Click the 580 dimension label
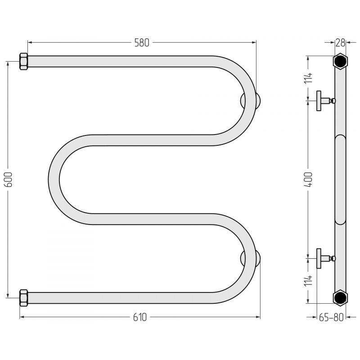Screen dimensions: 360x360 click(142, 43)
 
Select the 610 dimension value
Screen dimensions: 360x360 click(140, 317)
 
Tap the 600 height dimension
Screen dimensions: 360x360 click(9, 179)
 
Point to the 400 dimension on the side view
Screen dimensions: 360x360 click(308, 179)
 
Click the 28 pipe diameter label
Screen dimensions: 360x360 click(340, 43)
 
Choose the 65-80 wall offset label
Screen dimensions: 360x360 click(331, 317)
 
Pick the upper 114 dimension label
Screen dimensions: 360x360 click(309, 78)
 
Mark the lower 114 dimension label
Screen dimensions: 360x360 click(309, 281)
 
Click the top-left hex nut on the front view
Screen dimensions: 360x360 click(23, 62)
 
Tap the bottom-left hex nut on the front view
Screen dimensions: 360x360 click(23, 298)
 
